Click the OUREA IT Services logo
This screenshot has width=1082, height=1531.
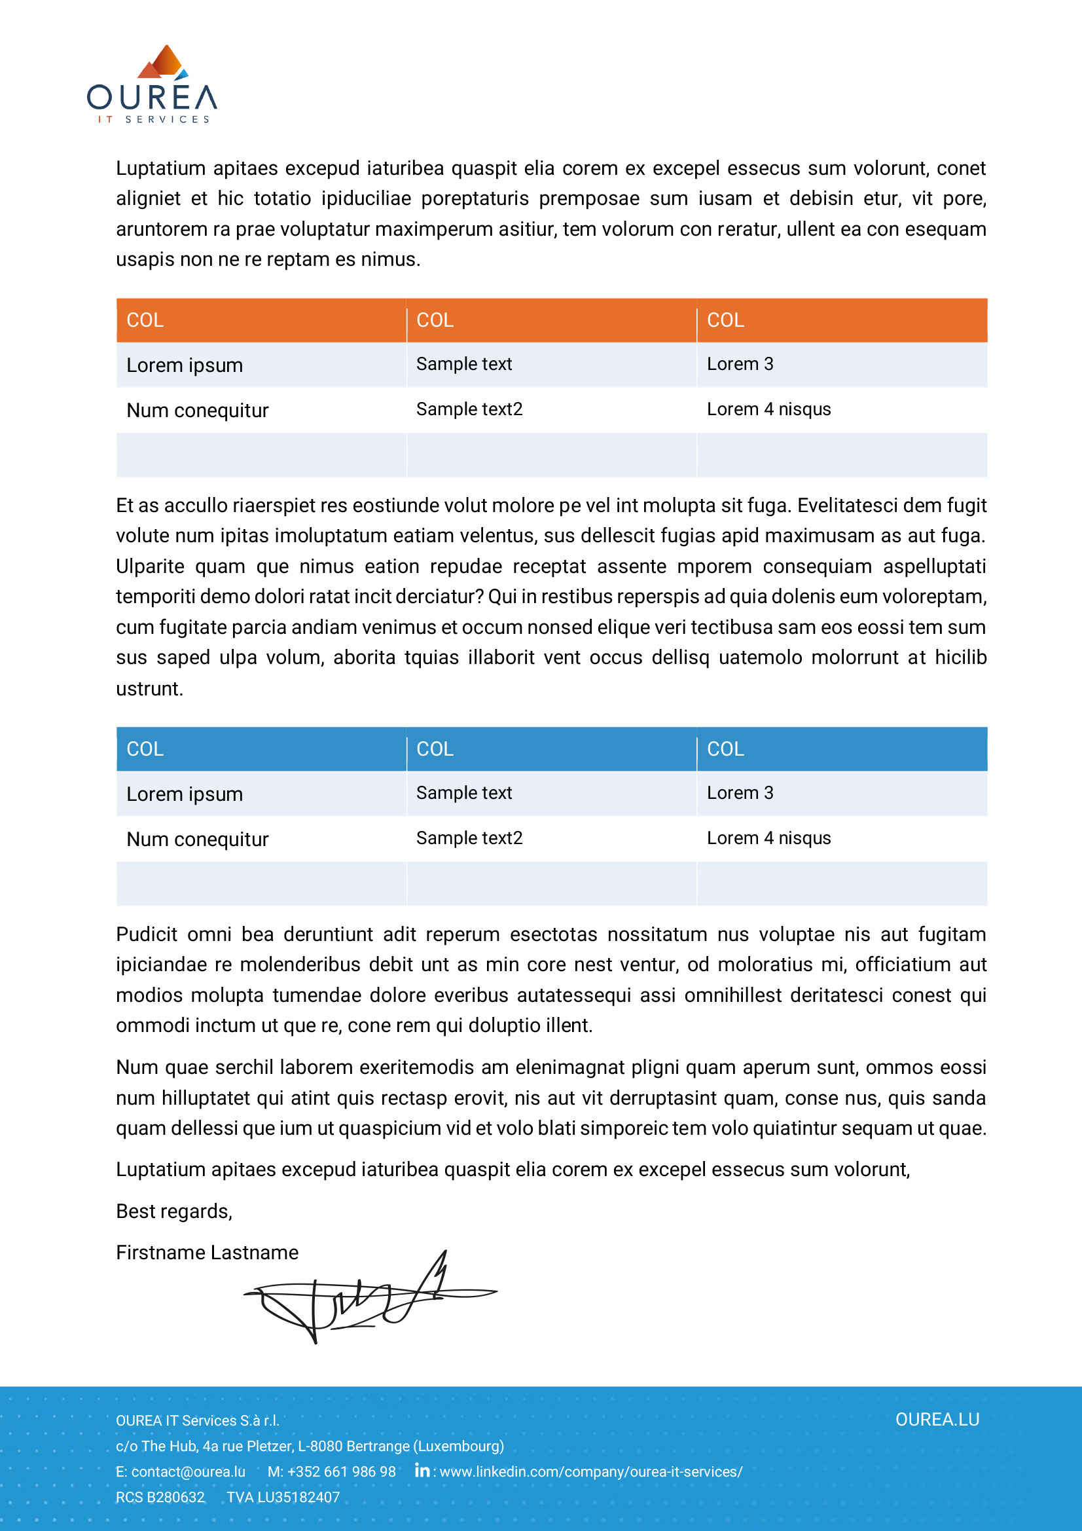152,85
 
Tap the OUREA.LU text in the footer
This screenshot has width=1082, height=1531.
937,1420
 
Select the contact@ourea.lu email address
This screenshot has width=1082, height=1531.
188,1471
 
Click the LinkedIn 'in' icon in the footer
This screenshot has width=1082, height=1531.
422,1470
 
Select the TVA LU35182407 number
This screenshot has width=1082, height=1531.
283,1497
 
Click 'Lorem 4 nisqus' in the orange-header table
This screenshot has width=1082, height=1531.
768,409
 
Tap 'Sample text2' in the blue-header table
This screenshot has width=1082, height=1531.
469,838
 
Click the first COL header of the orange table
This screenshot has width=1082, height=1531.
145,321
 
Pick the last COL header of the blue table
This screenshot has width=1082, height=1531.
725,750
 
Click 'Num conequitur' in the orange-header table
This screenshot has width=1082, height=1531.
197,411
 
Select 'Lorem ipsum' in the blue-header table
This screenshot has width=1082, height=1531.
185,794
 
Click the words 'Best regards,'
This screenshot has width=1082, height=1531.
174,1211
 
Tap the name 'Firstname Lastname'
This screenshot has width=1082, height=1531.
207,1253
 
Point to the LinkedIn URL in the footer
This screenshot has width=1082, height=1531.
590,1471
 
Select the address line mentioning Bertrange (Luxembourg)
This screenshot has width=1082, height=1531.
310,1447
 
